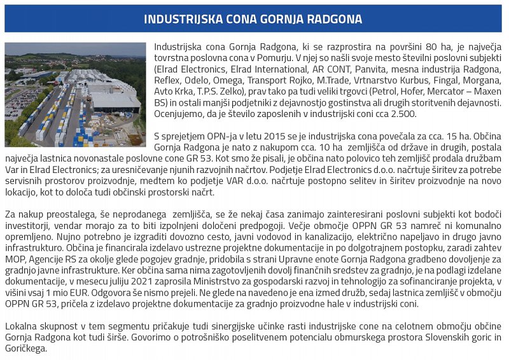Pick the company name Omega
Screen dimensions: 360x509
[x=230, y=80]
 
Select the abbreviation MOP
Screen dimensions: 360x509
[x=16, y=260]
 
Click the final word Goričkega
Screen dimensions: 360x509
[x=27, y=349]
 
